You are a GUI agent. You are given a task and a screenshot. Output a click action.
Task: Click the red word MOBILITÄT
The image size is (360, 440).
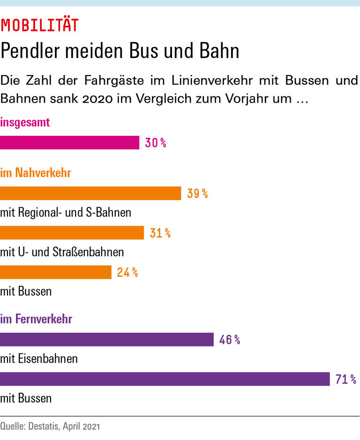(x=39, y=25)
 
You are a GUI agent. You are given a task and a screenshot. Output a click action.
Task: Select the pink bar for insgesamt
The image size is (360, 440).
(x=69, y=143)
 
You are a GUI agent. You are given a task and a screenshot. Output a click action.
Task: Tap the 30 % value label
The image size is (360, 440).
(x=156, y=143)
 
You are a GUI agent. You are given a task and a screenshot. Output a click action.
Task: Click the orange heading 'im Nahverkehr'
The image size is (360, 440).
(x=36, y=173)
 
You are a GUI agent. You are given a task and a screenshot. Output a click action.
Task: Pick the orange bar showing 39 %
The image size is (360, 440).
(x=90, y=194)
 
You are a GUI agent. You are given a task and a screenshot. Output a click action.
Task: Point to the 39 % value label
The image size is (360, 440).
(x=197, y=194)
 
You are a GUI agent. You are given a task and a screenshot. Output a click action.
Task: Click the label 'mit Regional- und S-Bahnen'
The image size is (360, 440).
(x=66, y=213)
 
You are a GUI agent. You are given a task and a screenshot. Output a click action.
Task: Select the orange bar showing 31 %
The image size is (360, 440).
(x=72, y=233)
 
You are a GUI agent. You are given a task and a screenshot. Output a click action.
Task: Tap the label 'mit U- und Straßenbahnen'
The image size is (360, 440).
(x=62, y=252)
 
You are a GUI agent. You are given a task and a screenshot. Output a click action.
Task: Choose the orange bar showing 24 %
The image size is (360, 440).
(x=56, y=272)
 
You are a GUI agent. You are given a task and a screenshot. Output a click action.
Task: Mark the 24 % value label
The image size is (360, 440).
(x=127, y=272)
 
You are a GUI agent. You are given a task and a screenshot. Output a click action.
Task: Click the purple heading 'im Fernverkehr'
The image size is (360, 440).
(x=36, y=320)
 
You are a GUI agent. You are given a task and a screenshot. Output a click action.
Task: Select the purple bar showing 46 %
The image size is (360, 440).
(x=107, y=340)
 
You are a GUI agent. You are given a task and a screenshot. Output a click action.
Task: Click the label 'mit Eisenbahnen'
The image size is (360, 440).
(x=39, y=359)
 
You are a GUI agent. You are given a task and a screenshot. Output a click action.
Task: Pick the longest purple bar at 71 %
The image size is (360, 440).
(x=165, y=379)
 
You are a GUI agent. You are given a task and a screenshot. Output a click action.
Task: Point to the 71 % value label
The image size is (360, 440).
(x=346, y=379)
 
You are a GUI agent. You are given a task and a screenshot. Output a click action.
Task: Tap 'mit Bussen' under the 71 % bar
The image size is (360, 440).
(x=26, y=399)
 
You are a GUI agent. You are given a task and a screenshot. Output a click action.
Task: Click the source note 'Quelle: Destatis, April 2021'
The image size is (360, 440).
(x=50, y=427)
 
